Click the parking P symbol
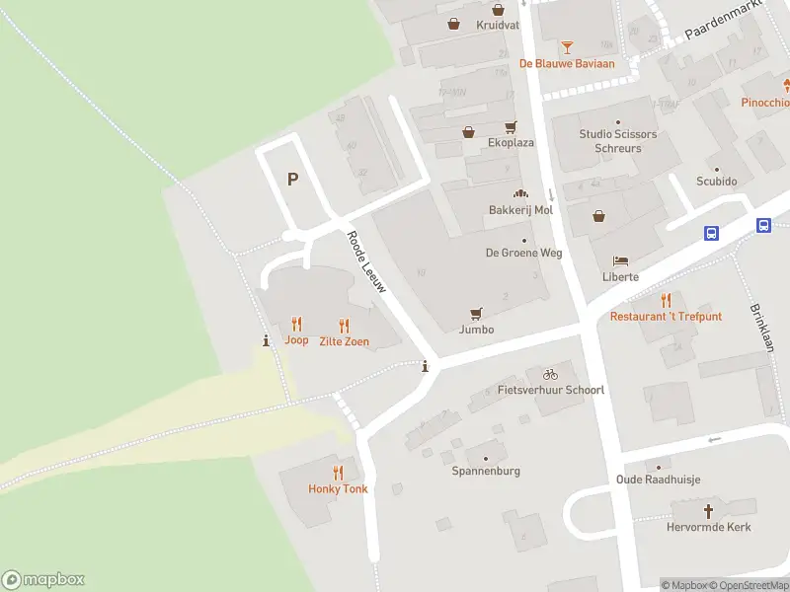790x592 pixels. pyautogui.click(x=292, y=179)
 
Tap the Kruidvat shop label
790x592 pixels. pyautogui.click(x=498, y=26)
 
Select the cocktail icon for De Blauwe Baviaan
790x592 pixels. pyautogui.click(x=567, y=46)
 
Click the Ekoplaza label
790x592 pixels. pyautogui.click(x=511, y=143)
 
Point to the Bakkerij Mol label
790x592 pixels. pyautogui.click(x=520, y=210)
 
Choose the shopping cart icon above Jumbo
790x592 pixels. pyautogui.click(x=477, y=313)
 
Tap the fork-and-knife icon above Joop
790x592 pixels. pyautogui.click(x=296, y=324)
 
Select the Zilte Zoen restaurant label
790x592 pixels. pyautogui.click(x=344, y=341)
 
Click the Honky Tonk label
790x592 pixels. pyautogui.click(x=338, y=489)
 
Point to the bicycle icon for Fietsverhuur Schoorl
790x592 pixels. pyautogui.click(x=550, y=374)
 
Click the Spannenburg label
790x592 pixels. pyautogui.click(x=486, y=472)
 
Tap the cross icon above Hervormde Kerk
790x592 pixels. pyautogui.click(x=708, y=511)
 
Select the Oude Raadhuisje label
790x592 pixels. pyautogui.click(x=659, y=481)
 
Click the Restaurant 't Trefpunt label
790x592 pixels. pyautogui.click(x=666, y=317)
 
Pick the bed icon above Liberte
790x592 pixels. pyautogui.click(x=620, y=260)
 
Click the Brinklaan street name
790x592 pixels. pyautogui.click(x=761, y=328)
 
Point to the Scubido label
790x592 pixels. pyautogui.click(x=717, y=182)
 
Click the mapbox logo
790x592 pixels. pyautogui.click(x=43, y=580)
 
